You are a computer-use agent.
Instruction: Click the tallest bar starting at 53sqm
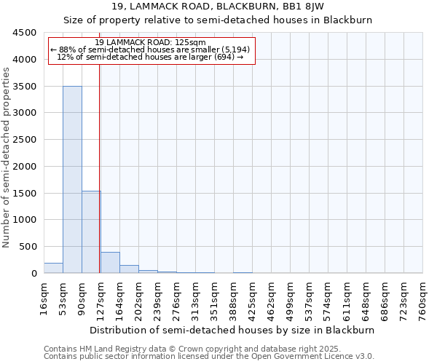pos(72,180)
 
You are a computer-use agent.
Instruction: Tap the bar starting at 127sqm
pos(110,263)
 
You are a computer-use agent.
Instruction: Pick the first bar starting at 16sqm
pos(53,268)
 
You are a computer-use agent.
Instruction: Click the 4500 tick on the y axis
pos(24,33)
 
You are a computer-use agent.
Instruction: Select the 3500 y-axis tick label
pos(24,87)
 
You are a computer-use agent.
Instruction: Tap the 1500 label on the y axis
pos(24,193)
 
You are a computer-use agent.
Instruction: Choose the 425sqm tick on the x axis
pos(252,298)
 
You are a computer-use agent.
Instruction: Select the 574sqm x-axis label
pos(328,298)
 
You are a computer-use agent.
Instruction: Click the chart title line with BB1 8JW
pos(218,7)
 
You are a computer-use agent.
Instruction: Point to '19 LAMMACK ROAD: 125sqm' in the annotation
pos(151,42)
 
